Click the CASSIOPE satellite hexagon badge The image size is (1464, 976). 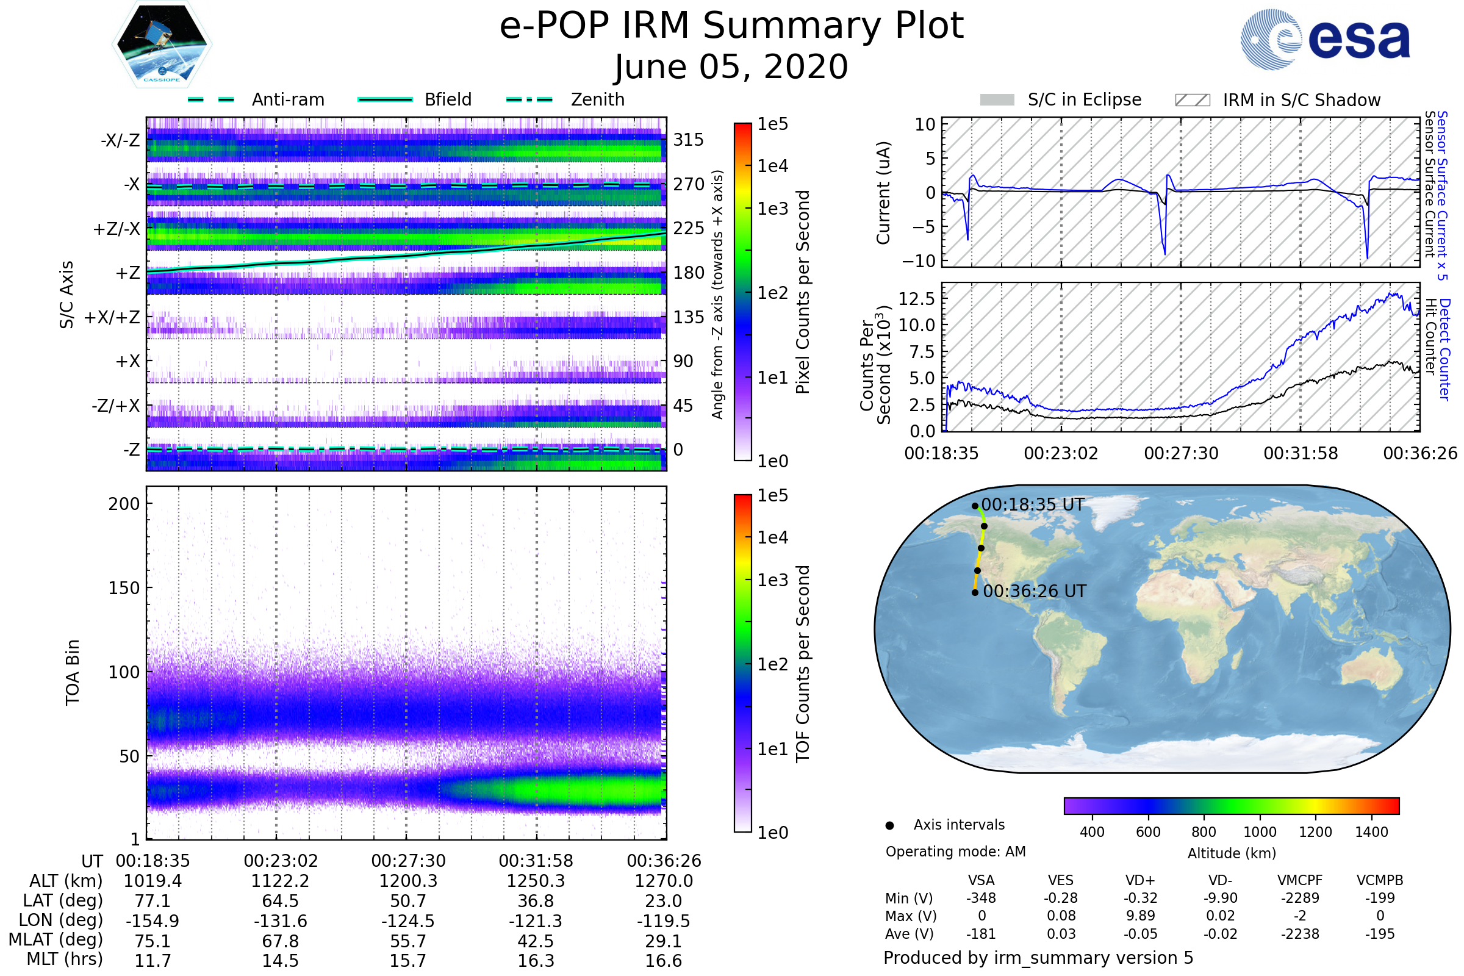[162, 44]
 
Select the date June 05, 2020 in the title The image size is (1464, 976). [731, 66]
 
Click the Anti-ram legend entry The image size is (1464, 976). [256, 99]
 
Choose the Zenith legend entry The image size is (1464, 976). [565, 99]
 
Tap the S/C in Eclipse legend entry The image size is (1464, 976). [1061, 99]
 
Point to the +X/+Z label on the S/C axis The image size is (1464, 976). [112, 317]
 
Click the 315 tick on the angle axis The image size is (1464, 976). [689, 140]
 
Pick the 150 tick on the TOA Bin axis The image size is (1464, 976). [124, 588]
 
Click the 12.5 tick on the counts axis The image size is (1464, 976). [917, 299]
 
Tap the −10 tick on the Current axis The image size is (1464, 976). [918, 261]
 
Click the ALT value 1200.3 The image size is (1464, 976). [408, 881]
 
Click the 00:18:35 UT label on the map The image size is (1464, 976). [1033, 505]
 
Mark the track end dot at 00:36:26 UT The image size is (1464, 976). [975, 592]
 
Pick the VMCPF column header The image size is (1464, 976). [1300, 880]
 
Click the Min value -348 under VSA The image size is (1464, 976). [981, 898]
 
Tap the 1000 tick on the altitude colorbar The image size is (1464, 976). [1260, 832]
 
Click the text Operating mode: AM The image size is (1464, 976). [955, 852]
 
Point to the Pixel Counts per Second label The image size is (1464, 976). [803, 292]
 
